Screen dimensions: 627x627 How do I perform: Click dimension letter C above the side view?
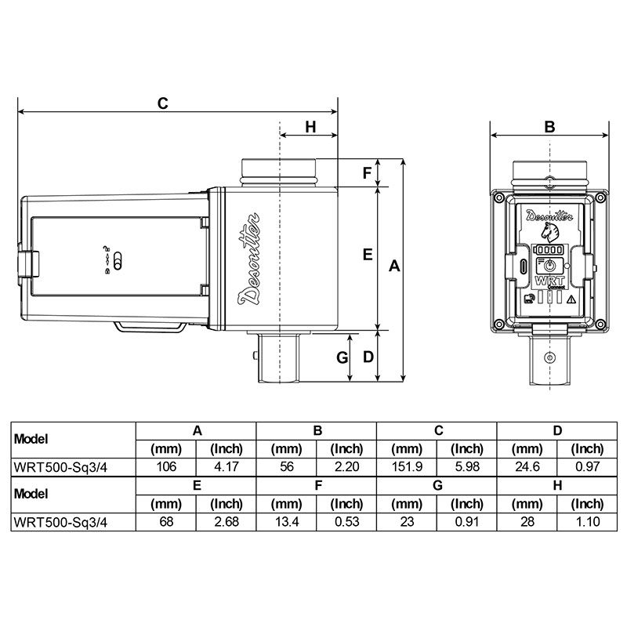163,103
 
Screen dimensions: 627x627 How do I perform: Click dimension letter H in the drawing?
310,127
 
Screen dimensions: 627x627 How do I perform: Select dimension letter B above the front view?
549,126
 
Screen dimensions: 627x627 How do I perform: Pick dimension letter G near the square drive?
342,357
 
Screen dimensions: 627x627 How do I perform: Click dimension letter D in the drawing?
367,357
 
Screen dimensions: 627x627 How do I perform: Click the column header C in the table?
437,430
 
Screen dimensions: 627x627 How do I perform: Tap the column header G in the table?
437,485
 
